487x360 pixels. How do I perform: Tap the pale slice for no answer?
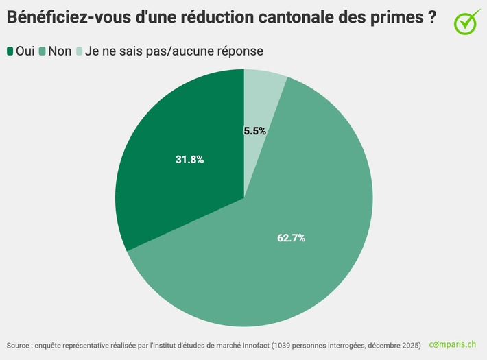click(x=263, y=96)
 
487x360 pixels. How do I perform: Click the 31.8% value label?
click(x=190, y=159)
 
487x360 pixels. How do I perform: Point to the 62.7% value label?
click(x=291, y=238)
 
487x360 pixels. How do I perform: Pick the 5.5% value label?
click(x=254, y=130)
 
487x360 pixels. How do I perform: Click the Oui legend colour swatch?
click(x=10, y=51)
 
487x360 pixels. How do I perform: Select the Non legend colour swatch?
click(x=43, y=51)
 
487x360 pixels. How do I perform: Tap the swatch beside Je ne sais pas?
click(x=79, y=51)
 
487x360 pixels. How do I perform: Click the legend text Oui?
click(x=25, y=51)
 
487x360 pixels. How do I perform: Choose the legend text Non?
click(x=60, y=51)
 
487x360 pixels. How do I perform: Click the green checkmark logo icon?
click(x=466, y=21)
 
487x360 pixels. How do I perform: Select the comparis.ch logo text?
click(x=452, y=344)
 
